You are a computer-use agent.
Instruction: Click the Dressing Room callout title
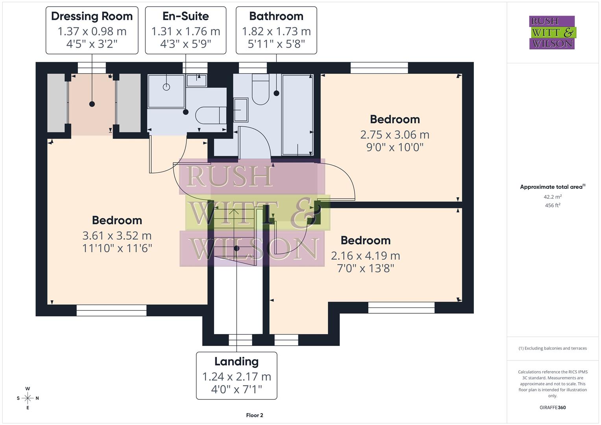click(92, 16)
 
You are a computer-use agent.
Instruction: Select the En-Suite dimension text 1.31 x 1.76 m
click(186, 31)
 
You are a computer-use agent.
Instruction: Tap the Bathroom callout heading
click(276, 16)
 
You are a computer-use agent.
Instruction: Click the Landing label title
click(237, 361)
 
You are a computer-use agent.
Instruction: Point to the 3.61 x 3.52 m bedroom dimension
click(117, 235)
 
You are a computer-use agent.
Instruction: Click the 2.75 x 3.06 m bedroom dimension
click(395, 135)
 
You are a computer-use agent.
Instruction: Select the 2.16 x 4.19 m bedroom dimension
click(366, 256)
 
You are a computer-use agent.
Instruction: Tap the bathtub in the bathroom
click(298, 114)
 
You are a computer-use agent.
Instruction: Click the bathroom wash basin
click(240, 110)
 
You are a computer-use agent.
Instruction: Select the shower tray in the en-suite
click(166, 91)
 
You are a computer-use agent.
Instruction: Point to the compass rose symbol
click(28, 398)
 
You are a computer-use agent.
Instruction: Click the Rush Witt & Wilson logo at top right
click(552, 32)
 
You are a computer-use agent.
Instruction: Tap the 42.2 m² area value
click(553, 197)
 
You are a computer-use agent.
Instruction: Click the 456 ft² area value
click(553, 205)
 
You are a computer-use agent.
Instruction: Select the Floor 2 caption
click(255, 415)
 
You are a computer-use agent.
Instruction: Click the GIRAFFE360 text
click(553, 407)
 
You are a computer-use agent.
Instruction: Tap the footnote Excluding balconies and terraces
click(553, 348)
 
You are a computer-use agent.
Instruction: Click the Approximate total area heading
click(552, 187)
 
